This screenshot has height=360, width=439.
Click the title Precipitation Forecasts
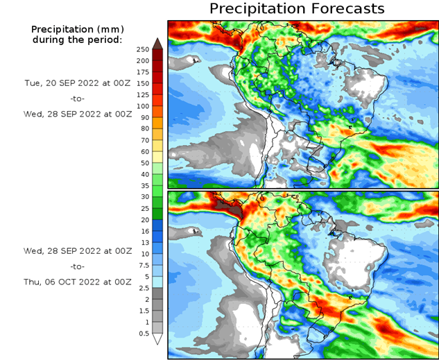296,9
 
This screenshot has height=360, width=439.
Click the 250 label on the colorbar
142,49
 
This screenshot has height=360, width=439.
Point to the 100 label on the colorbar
142,106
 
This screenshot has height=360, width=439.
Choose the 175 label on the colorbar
142,72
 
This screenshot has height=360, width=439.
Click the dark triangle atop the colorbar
157,43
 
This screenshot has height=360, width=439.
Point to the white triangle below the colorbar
157,339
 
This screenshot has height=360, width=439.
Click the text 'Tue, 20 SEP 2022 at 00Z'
76,83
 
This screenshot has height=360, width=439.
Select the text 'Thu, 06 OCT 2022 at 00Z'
77,282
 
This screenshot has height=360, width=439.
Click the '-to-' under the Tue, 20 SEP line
77,98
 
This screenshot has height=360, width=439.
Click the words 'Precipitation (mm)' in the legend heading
76,29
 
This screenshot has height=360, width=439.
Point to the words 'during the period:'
77,40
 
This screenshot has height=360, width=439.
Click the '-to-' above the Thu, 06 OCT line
77,266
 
